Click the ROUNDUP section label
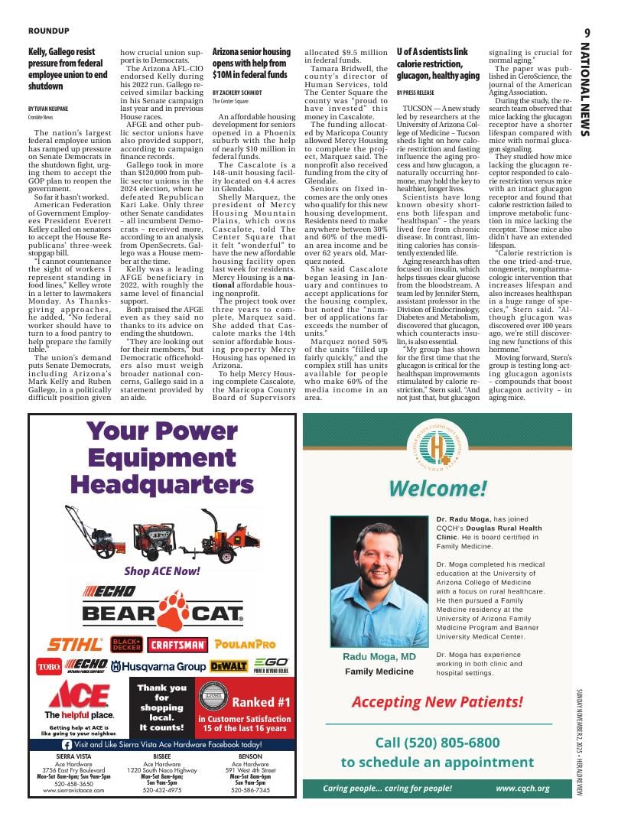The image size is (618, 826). pyautogui.click(x=49, y=31)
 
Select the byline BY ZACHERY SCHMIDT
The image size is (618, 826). pyautogui.click(x=237, y=92)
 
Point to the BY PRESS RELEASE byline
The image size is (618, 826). pyautogui.click(x=415, y=92)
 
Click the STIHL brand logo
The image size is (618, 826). pyautogui.click(x=74, y=645)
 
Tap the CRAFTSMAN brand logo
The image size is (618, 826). pyautogui.click(x=177, y=645)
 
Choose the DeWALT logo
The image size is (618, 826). pyautogui.click(x=229, y=666)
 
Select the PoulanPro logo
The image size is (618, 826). pyautogui.click(x=245, y=645)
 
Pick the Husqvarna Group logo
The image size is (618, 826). pyautogui.click(x=158, y=666)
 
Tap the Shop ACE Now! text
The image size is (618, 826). pyautogui.click(x=162, y=571)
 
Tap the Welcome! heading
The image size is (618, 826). pyautogui.click(x=437, y=488)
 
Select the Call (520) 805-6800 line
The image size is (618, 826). pyautogui.click(x=437, y=743)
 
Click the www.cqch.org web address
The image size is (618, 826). pyautogui.click(x=522, y=788)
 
